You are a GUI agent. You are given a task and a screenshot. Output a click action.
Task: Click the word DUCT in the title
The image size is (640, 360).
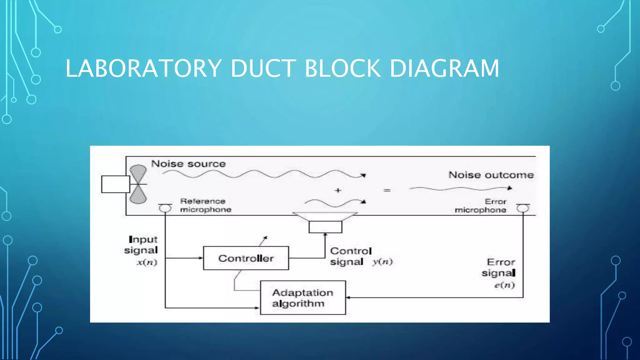263,68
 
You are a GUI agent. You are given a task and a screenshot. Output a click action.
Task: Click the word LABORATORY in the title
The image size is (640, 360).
143,68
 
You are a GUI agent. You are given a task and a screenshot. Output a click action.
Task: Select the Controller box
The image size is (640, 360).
246,258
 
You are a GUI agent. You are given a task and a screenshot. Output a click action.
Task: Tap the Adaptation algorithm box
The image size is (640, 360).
303,297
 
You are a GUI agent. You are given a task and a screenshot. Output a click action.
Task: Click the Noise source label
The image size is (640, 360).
188,164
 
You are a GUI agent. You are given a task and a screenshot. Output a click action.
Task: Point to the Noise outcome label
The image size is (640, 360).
491,175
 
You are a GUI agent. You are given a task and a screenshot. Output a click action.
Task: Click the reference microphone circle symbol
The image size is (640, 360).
165,208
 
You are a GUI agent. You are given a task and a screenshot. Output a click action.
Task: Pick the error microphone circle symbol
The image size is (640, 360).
523,208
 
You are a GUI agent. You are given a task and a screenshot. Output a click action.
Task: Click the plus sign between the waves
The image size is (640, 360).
338,190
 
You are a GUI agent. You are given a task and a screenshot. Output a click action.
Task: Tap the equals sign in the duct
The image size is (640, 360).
387,190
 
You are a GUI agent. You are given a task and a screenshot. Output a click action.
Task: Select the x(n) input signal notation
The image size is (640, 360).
147,262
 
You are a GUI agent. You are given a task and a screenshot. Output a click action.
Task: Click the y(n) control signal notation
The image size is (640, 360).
382,262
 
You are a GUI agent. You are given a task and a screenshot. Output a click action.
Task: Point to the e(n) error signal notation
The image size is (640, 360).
504,285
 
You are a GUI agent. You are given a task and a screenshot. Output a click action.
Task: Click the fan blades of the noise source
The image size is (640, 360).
138,184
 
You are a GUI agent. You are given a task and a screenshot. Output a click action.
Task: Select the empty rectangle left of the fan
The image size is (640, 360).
115,184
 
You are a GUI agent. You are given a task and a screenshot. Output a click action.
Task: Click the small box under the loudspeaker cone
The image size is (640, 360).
325,227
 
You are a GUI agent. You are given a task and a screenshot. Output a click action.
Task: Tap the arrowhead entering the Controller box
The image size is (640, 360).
201,258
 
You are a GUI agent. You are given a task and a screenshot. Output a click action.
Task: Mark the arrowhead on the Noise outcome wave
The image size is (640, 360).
510,188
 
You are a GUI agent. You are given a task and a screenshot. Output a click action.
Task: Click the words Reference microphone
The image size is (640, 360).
205,205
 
